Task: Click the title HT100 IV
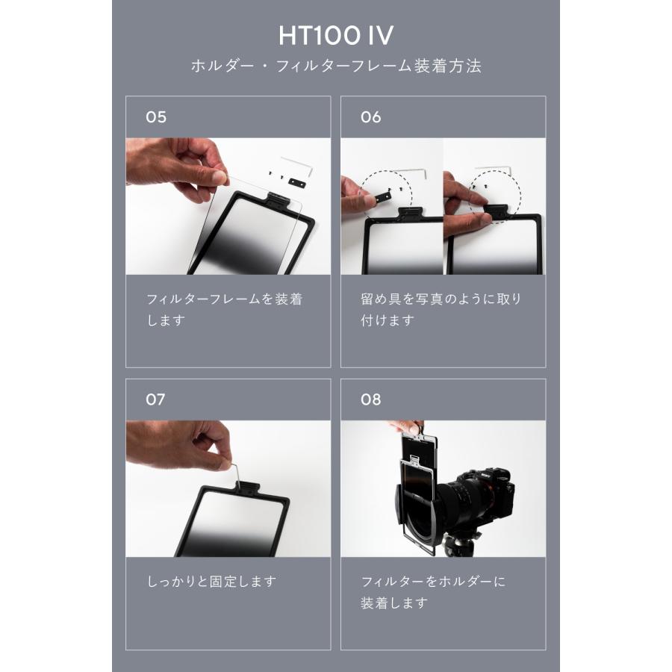tap(335, 35)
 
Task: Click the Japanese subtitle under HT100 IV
tap(335, 66)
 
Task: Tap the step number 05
tap(156, 117)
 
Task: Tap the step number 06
tap(370, 117)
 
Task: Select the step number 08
tap(370, 399)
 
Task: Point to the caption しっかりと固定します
tap(213, 582)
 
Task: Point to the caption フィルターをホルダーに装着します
tap(433, 591)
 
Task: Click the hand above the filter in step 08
tap(403, 426)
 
